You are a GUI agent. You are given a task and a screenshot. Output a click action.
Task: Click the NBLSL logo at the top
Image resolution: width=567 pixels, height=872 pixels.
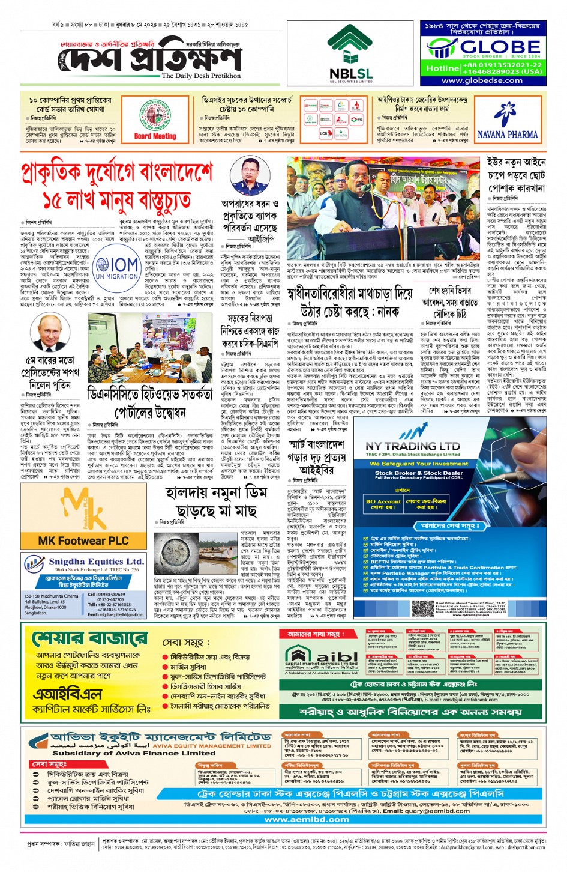(350, 55)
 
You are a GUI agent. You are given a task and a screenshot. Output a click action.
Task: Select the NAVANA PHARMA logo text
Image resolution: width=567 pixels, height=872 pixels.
(508, 135)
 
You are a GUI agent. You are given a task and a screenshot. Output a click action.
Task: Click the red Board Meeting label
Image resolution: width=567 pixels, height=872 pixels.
(155, 136)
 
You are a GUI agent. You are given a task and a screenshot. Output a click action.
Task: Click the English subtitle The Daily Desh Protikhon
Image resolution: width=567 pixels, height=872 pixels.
(201, 76)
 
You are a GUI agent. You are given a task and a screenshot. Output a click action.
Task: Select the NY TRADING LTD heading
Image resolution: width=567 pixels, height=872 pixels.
(413, 446)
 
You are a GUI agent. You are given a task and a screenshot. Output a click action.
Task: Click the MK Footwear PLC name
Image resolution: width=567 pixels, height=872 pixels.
(83, 540)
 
